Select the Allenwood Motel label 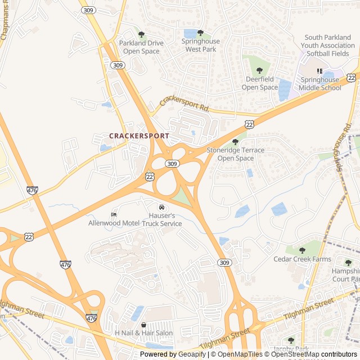coord(114,223)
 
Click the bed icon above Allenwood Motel coord(114,214)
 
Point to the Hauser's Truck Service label coord(162,220)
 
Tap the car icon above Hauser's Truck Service coord(162,207)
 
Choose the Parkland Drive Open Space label coord(141,47)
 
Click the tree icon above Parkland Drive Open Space coord(141,35)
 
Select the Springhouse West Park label coord(201,45)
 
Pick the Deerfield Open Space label coord(260,83)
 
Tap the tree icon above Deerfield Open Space coord(260,70)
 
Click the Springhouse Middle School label coord(319,84)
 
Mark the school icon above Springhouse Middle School coord(319,71)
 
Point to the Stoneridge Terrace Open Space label coord(235,154)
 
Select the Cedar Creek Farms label coord(302,259)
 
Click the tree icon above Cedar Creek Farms coord(302,250)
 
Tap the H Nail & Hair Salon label coord(144,333)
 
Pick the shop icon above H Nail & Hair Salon coord(143,325)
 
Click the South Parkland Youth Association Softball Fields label coord(327,46)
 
